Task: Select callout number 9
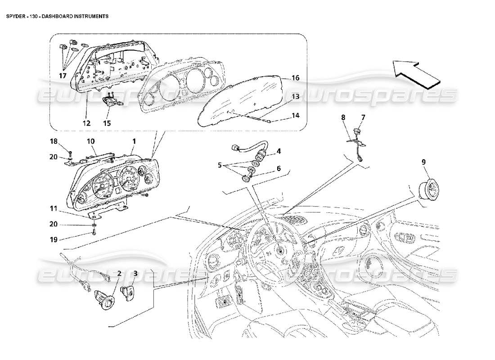[423, 162]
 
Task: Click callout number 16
[295, 78]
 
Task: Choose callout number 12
[86, 123]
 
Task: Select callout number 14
[295, 115]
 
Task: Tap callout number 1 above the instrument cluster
[133, 141]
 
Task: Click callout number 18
[54, 141]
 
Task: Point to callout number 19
[54, 239]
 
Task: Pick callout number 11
[54, 209]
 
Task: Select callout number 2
[119, 273]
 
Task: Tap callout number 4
[279, 151]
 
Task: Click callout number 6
[279, 168]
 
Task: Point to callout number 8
[343, 117]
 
